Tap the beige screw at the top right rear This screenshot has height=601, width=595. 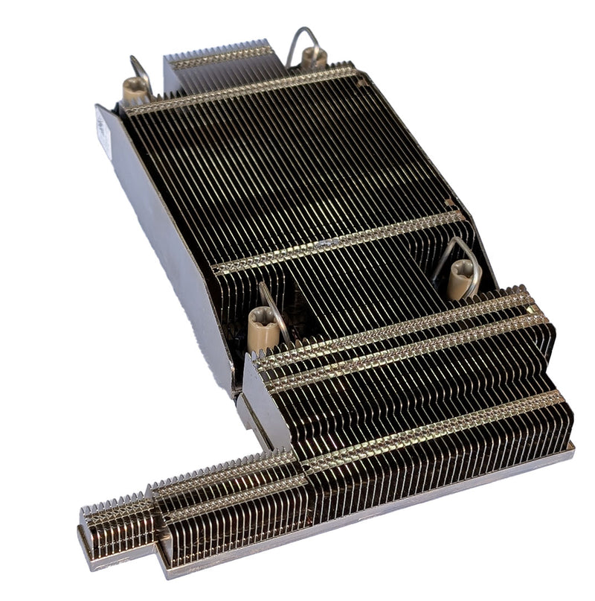[313, 57]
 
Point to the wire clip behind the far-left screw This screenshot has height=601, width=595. [140, 69]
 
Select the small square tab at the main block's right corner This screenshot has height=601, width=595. [449, 202]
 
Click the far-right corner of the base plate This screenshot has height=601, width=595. [570, 447]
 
